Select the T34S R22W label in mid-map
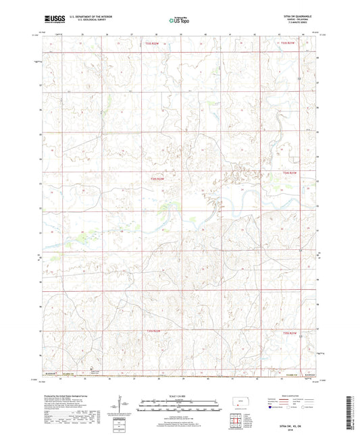[x=157, y=178]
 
